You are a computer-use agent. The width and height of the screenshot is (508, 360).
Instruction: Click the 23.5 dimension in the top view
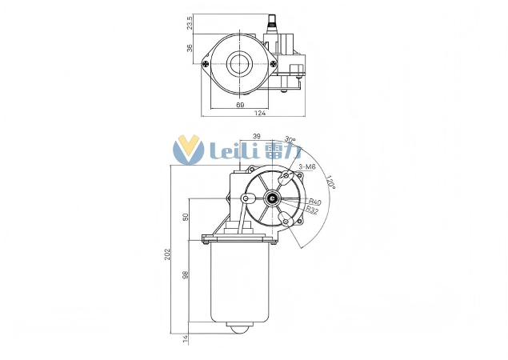point(190,23)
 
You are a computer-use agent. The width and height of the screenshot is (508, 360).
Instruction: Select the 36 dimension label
point(190,47)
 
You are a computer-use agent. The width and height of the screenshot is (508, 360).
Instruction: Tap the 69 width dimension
point(239,105)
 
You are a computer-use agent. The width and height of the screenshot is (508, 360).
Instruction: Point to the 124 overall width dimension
point(259,114)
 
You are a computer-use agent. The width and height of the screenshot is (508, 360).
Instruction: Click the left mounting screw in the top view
point(206,63)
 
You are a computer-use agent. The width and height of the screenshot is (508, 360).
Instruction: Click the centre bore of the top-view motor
point(239,63)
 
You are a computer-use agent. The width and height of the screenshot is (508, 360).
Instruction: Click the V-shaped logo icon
point(190,150)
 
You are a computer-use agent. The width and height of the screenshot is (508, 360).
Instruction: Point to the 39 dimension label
point(256,137)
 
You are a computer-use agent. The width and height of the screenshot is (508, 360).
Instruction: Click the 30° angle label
point(290,142)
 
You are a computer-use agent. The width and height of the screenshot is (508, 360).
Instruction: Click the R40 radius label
point(314,202)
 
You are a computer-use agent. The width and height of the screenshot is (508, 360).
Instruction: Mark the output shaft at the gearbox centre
point(273,199)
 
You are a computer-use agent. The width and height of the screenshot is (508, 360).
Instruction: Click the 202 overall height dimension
point(168,254)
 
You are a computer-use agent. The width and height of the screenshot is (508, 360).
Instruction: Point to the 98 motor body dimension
point(186,276)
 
